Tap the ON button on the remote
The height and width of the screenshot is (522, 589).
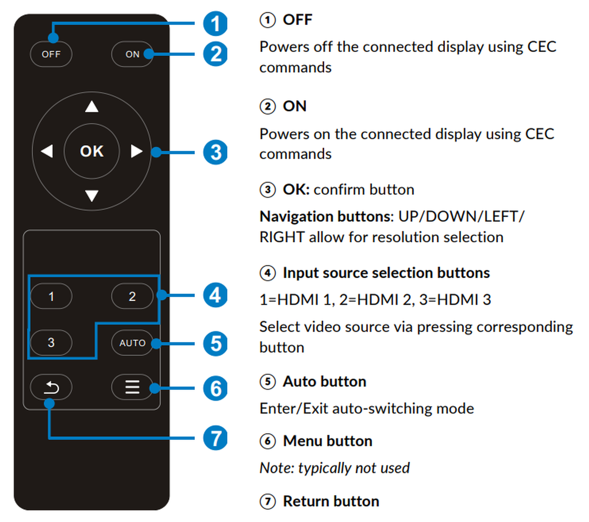(x=132, y=54)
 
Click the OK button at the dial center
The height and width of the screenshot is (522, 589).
(x=92, y=151)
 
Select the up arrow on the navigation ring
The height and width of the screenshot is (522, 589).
(x=92, y=106)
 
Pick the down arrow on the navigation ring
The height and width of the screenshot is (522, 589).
(x=92, y=196)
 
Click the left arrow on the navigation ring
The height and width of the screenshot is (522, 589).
(x=47, y=151)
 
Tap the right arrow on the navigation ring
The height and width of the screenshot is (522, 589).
(x=136, y=151)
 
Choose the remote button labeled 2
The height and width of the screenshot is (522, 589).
(x=132, y=296)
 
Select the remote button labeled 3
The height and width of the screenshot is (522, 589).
(x=51, y=342)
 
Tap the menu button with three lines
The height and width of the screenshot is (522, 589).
(x=132, y=388)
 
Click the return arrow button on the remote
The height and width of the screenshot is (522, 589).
(x=51, y=388)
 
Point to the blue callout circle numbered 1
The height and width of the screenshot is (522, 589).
(x=215, y=24)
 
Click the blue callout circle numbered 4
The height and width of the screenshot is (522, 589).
(x=215, y=295)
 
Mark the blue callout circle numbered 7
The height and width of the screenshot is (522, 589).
(x=215, y=438)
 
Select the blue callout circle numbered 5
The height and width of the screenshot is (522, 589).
(x=215, y=343)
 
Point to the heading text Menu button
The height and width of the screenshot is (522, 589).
(x=327, y=441)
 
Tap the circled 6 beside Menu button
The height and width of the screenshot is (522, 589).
(x=268, y=441)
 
